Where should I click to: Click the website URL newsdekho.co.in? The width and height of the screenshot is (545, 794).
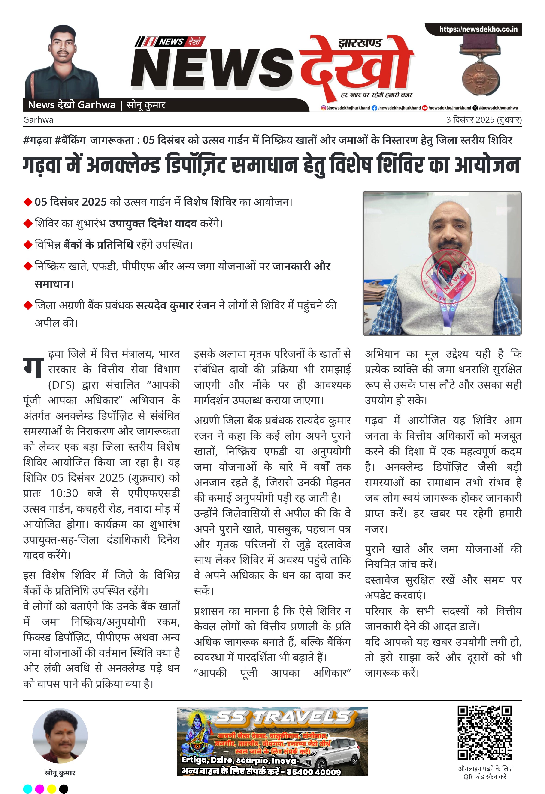coord(478,29)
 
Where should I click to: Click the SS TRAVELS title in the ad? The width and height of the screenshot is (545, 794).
coord(283,718)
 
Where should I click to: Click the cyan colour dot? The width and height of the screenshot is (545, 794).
coord(28,789)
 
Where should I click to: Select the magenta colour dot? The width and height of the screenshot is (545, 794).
coord(40,789)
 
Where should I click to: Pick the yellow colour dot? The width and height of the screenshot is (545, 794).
coord(52,789)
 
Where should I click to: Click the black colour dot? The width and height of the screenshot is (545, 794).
coord(64,789)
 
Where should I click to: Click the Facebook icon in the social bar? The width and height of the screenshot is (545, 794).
coord(374,108)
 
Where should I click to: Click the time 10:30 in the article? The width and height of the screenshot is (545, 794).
coord(64,493)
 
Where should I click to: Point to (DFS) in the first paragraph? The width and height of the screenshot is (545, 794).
coord(61,385)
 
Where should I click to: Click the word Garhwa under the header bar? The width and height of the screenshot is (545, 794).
coord(38,120)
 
